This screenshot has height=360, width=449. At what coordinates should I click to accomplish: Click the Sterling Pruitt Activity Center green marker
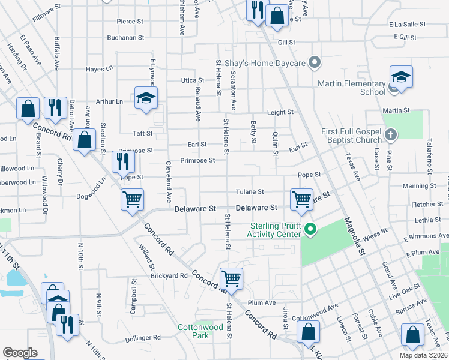[x=310, y=229]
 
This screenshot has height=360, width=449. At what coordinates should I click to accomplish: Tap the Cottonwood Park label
[x=193, y=331]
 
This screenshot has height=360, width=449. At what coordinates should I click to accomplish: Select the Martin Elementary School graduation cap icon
[x=401, y=79]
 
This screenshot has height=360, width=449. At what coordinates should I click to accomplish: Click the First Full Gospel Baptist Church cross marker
[x=391, y=134]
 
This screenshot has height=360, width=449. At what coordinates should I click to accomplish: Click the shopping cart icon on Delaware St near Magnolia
[x=301, y=199]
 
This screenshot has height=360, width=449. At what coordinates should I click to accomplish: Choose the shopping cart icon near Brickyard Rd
[x=231, y=278]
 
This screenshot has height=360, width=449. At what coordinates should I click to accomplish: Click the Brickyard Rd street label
[x=170, y=276]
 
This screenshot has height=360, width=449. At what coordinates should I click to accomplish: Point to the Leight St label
[x=280, y=112]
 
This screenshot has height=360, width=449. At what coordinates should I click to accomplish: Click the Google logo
[x=20, y=353]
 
